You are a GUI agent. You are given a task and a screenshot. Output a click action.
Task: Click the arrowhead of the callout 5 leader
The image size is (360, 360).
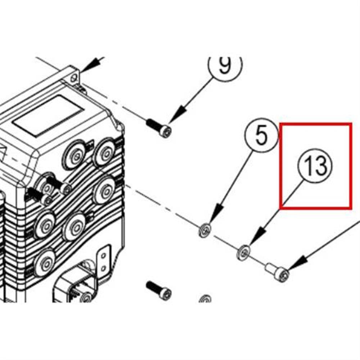(218, 213)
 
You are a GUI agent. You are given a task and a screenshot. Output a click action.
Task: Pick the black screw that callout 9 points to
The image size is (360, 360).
(159, 129)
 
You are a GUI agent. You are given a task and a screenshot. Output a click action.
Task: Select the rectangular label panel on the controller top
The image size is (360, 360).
(49, 115)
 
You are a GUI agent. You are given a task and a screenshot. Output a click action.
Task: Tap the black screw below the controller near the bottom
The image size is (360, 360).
(159, 291)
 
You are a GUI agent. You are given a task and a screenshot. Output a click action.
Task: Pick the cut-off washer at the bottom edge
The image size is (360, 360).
(205, 299)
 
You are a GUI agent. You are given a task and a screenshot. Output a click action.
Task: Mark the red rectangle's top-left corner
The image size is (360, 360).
(280, 124)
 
